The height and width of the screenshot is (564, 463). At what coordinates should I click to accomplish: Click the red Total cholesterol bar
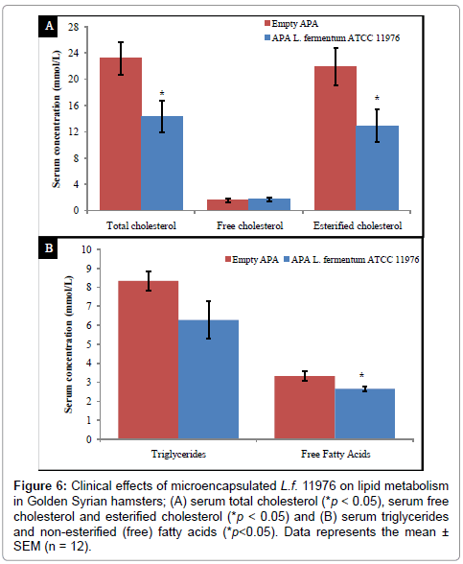tap(121, 134)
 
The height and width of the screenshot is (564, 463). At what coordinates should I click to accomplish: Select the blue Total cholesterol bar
tap(162, 163)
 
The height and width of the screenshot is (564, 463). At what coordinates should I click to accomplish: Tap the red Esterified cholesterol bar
tap(336, 138)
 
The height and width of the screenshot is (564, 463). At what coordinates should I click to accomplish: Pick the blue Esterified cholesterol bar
tap(377, 168)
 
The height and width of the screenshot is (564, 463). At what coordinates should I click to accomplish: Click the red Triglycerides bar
tap(148, 360)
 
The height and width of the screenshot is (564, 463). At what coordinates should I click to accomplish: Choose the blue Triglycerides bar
tap(208, 380)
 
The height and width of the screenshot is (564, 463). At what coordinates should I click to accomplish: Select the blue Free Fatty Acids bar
tap(364, 413)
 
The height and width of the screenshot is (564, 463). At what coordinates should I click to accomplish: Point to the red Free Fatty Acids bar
tap(305, 408)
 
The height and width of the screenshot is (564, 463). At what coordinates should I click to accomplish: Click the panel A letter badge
tap(49, 26)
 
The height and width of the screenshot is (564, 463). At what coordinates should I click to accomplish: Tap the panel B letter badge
tap(49, 247)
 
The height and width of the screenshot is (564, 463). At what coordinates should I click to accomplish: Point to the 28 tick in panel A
tap(73, 27)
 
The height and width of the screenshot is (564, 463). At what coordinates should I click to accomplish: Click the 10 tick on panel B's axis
tap(86, 249)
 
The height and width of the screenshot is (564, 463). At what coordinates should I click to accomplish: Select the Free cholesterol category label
tap(250, 226)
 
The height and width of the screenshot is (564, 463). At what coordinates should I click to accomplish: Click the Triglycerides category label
tap(178, 454)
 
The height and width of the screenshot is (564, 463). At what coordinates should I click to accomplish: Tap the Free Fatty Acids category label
tap(336, 454)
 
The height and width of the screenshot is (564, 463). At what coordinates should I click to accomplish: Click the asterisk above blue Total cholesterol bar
tap(162, 94)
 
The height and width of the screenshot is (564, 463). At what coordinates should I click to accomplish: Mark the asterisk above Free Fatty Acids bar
tap(361, 375)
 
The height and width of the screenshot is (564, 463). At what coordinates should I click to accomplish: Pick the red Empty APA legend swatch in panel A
tap(267, 23)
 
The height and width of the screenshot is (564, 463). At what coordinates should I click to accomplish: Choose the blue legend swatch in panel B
tap(287, 259)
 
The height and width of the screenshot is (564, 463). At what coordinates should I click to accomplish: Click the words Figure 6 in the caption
tap(40, 486)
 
